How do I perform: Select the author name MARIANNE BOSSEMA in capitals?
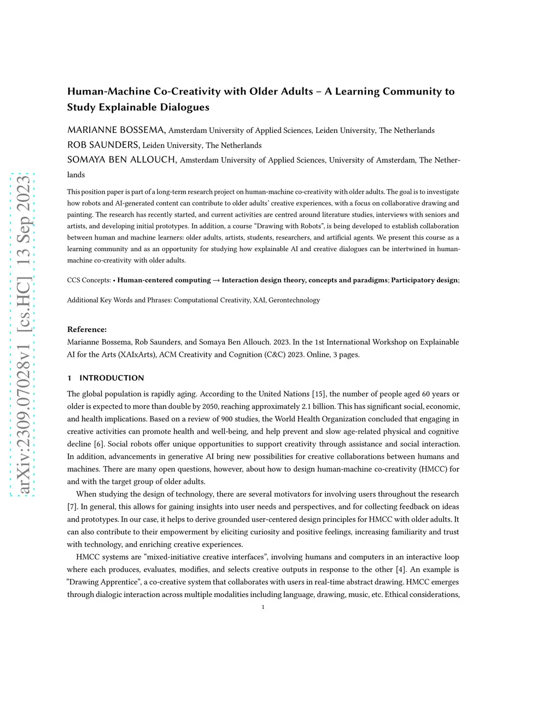(116, 130)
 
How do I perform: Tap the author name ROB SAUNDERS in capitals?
(103, 144)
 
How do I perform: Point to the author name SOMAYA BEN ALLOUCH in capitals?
(121, 160)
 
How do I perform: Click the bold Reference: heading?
(87, 329)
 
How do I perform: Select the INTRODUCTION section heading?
(112, 378)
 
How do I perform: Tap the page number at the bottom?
(263, 607)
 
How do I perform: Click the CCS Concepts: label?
(89, 280)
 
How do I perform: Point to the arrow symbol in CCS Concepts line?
(216, 280)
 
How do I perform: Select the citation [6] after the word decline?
(99, 444)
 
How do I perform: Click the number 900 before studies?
(227, 419)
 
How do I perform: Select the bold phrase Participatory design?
(424, 280)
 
